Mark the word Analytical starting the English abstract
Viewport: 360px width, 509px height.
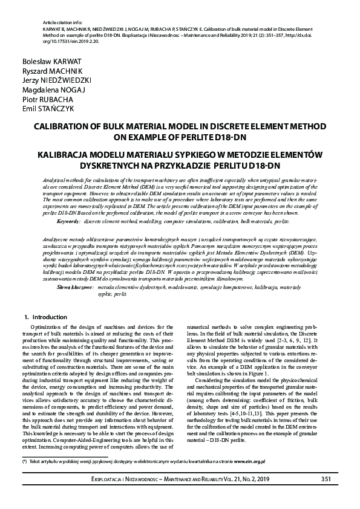point(56,180)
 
